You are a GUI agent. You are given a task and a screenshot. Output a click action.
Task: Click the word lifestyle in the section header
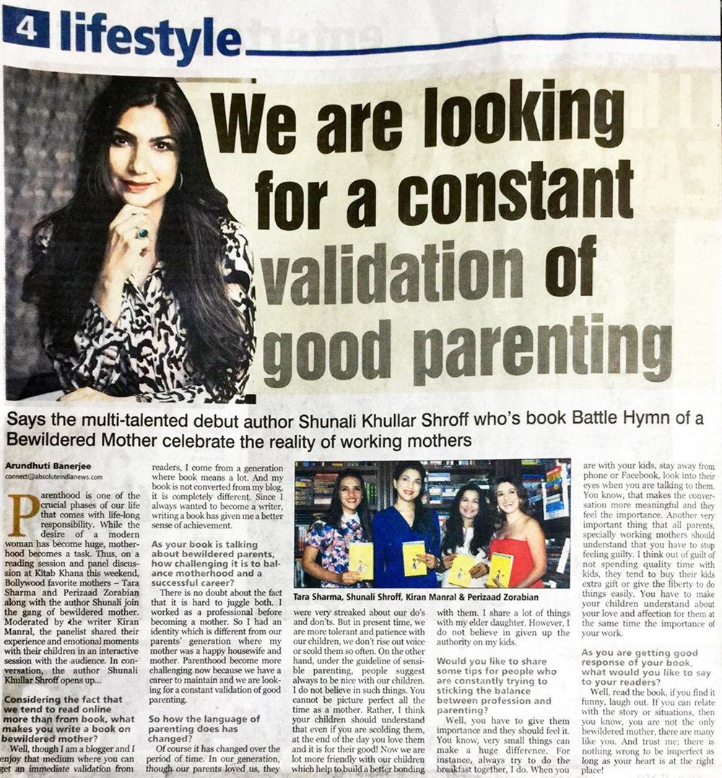click(x=150, y=37)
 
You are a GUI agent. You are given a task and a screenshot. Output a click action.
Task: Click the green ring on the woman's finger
click(x=142, y=233)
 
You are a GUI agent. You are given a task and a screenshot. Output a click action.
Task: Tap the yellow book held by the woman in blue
click(x=414, y=557)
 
